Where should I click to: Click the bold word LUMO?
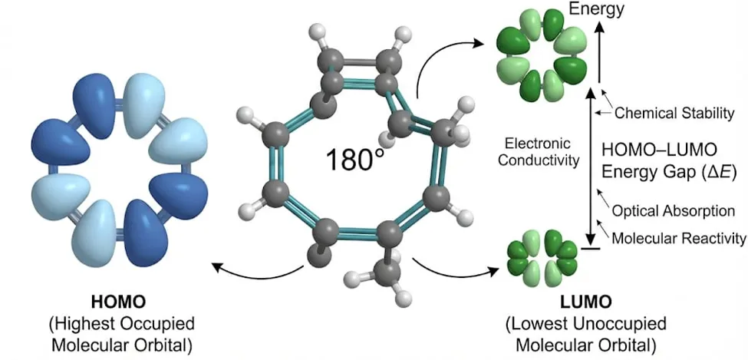pyautogui.click(x=585, y=302)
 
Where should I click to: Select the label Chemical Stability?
pyautogui.click(x=674, y=113)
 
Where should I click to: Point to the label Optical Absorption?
pyautogui.click(x=673, y=210)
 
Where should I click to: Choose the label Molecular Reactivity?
pyautogui.click(x=678, y=237)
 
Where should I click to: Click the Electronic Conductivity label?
pyautogui.click(x=542, y=152)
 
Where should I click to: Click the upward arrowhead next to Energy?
pyautogui.click(x=600, y=30)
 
